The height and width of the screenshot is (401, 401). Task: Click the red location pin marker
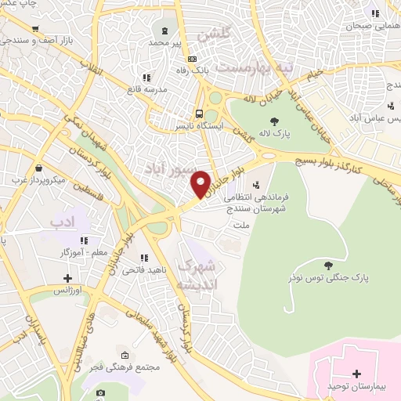pos(201,183)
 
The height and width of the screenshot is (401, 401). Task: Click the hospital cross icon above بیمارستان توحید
pos(357,374)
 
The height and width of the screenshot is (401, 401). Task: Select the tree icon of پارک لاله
pos(274,121)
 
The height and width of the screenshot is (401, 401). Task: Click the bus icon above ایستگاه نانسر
pos(200,112)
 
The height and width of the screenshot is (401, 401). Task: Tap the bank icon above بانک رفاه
pos(191,59)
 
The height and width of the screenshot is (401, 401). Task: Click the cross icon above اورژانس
pos(68,278)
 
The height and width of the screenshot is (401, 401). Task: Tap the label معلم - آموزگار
pos(85,252)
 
